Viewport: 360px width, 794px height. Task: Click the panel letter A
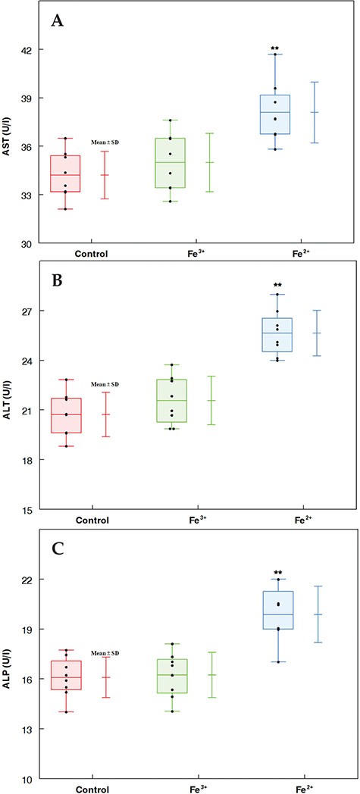point(58,20)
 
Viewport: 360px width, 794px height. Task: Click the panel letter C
point(58,549)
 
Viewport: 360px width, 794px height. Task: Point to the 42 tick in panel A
point(33,49)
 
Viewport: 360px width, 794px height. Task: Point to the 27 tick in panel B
point(33,311)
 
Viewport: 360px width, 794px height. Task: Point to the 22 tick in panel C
point(33,579)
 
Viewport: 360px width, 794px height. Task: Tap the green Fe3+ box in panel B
point(171,400)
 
